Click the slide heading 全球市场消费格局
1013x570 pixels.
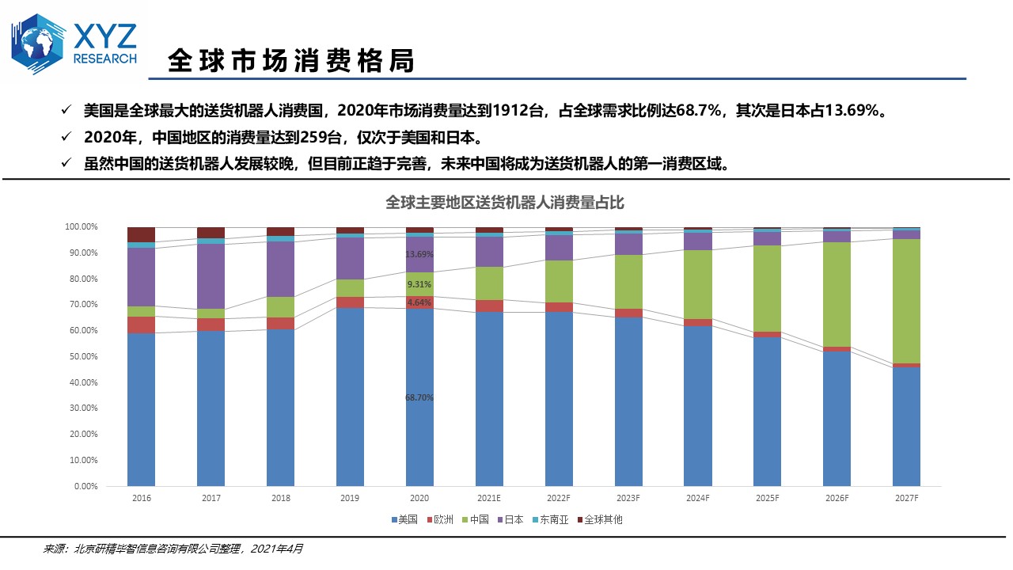pos(291,61)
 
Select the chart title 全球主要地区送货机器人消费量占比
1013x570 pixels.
pos(505,203)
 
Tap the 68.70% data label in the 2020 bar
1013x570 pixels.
pos(419,397)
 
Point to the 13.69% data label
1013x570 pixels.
pos(419,254)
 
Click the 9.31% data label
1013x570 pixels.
pos(419,284)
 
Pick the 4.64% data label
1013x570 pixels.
pos(419,302)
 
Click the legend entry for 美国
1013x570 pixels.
pos(404,520)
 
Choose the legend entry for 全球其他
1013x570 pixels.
pos(599,520)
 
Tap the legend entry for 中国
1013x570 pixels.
pos(475,520)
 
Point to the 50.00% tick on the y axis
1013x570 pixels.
pos(81,356)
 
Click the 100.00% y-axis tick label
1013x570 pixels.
pos(79,227)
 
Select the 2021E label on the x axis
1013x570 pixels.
pos(489,498)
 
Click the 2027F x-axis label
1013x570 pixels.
pos(906,498)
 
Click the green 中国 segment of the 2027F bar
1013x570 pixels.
pos(906,301)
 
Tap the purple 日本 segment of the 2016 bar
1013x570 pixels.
pos(141,277)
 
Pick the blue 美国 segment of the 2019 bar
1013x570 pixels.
pos(350,396)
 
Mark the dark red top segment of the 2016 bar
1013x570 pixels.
pos(141,234)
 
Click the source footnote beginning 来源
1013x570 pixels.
pos(173,548)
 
